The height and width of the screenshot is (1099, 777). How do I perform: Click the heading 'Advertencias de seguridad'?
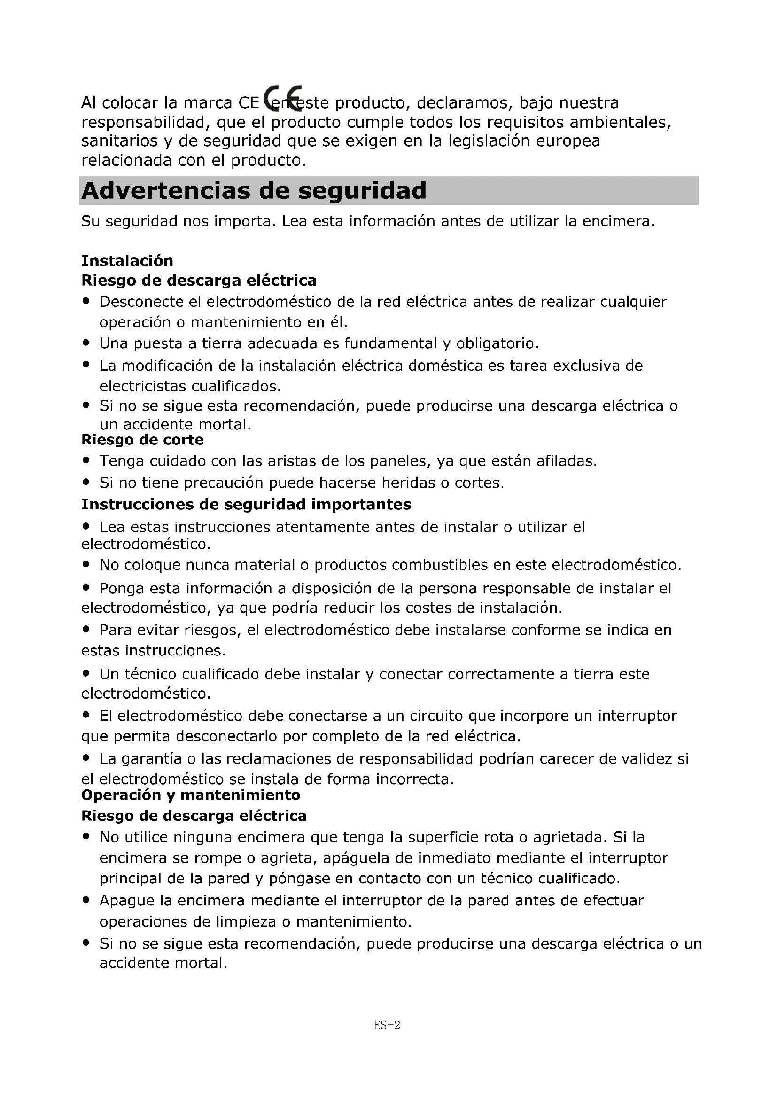254,190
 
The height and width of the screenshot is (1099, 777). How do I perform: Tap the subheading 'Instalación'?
127,260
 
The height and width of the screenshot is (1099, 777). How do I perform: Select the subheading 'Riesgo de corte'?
142,439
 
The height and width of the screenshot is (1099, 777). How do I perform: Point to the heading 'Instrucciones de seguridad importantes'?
246,504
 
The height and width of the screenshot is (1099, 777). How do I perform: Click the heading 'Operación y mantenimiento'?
190,795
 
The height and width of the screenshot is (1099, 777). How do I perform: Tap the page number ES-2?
387,1025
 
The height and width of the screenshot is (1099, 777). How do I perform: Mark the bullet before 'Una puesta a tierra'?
86,343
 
